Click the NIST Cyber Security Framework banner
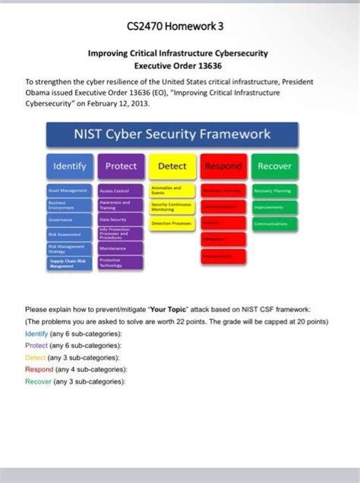click(x=171, y=134)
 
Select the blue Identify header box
click(x=69, y=166)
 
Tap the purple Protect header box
click(x=121, y=166)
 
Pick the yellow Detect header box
click(x=172, y=166)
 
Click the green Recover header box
click(x=274, y=166)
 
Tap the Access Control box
click(x=120, y=191)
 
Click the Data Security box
click(x=120, y=219)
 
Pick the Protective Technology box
click(x=120, y=262)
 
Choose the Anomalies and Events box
click(x=172, y=189)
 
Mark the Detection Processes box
click(x=172, y=224)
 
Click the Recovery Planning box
click(x=274, y=190)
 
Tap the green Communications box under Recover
click(x=274, y=224)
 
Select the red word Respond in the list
click(x=39, y=369)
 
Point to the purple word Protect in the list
click(x=37, y=345)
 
